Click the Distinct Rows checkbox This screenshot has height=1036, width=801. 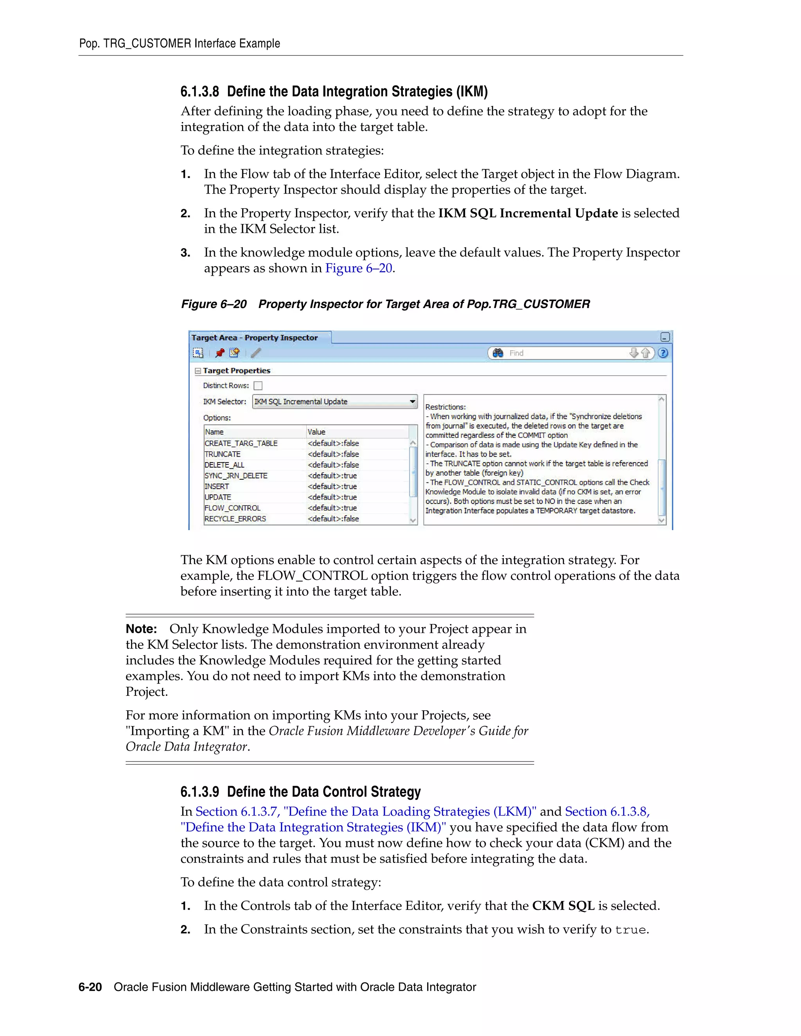(x=258, y=385)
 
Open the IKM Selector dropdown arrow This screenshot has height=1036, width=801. (x=412, y=401)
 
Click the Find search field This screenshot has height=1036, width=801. (x=565, y=353)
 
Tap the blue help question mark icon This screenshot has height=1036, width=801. (x=663, y=353)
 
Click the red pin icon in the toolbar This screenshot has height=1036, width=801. (x=220, y=353)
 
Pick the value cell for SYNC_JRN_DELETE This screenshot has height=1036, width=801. (x=332, y=476)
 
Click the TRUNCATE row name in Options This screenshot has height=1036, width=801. (x=223, y=454)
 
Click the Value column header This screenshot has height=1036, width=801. (x=316, y=432)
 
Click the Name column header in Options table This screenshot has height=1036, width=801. (x=214, y=432)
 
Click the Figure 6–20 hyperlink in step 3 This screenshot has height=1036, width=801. (x=359, y=269)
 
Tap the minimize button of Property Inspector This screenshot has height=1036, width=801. (x=665, y=337)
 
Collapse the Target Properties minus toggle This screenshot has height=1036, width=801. (x=198, y=371)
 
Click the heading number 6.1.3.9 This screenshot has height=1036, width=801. (x=200, y=792)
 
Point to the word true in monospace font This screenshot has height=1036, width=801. (x=630, y=930)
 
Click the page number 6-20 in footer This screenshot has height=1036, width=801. (x=90, y=987)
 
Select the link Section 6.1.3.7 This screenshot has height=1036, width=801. (x=237, y=812)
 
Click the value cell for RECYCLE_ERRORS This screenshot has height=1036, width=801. (x=333, y=519)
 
